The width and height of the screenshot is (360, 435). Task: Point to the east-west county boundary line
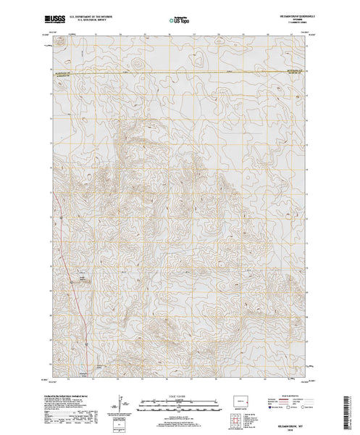(181, 75)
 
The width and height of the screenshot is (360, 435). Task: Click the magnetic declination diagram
(120, 402)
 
